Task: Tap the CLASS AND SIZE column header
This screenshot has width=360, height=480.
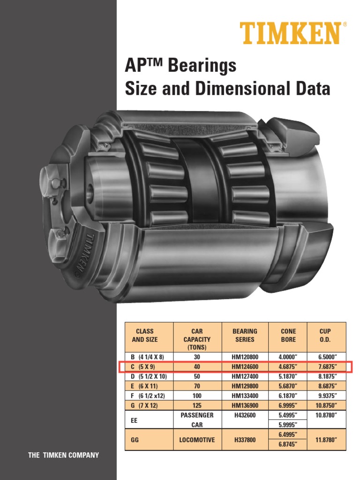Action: [x=145, y=335]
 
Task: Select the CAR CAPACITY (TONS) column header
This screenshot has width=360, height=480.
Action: [x=197, y=339]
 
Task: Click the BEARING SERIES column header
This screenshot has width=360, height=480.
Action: [x=245, y=335]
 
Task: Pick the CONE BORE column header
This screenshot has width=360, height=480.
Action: [x=288, y=335]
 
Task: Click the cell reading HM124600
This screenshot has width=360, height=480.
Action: [x=245, y=366]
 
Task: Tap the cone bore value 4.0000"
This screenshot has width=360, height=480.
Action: [x=288, y=357]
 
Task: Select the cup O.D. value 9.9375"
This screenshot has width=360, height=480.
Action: [x=325, y=395]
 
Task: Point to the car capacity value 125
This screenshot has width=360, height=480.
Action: [x=197, y=405]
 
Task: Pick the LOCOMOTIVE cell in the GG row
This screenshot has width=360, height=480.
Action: [x=197, y=440]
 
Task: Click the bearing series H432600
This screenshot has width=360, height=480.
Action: [x=245, y=415]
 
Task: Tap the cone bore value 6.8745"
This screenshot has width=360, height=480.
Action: [x=288, y=445]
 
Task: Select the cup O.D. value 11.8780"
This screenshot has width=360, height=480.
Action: [x=325, y=440]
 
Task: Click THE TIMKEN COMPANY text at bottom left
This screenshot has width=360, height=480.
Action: [x=64, y=455]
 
